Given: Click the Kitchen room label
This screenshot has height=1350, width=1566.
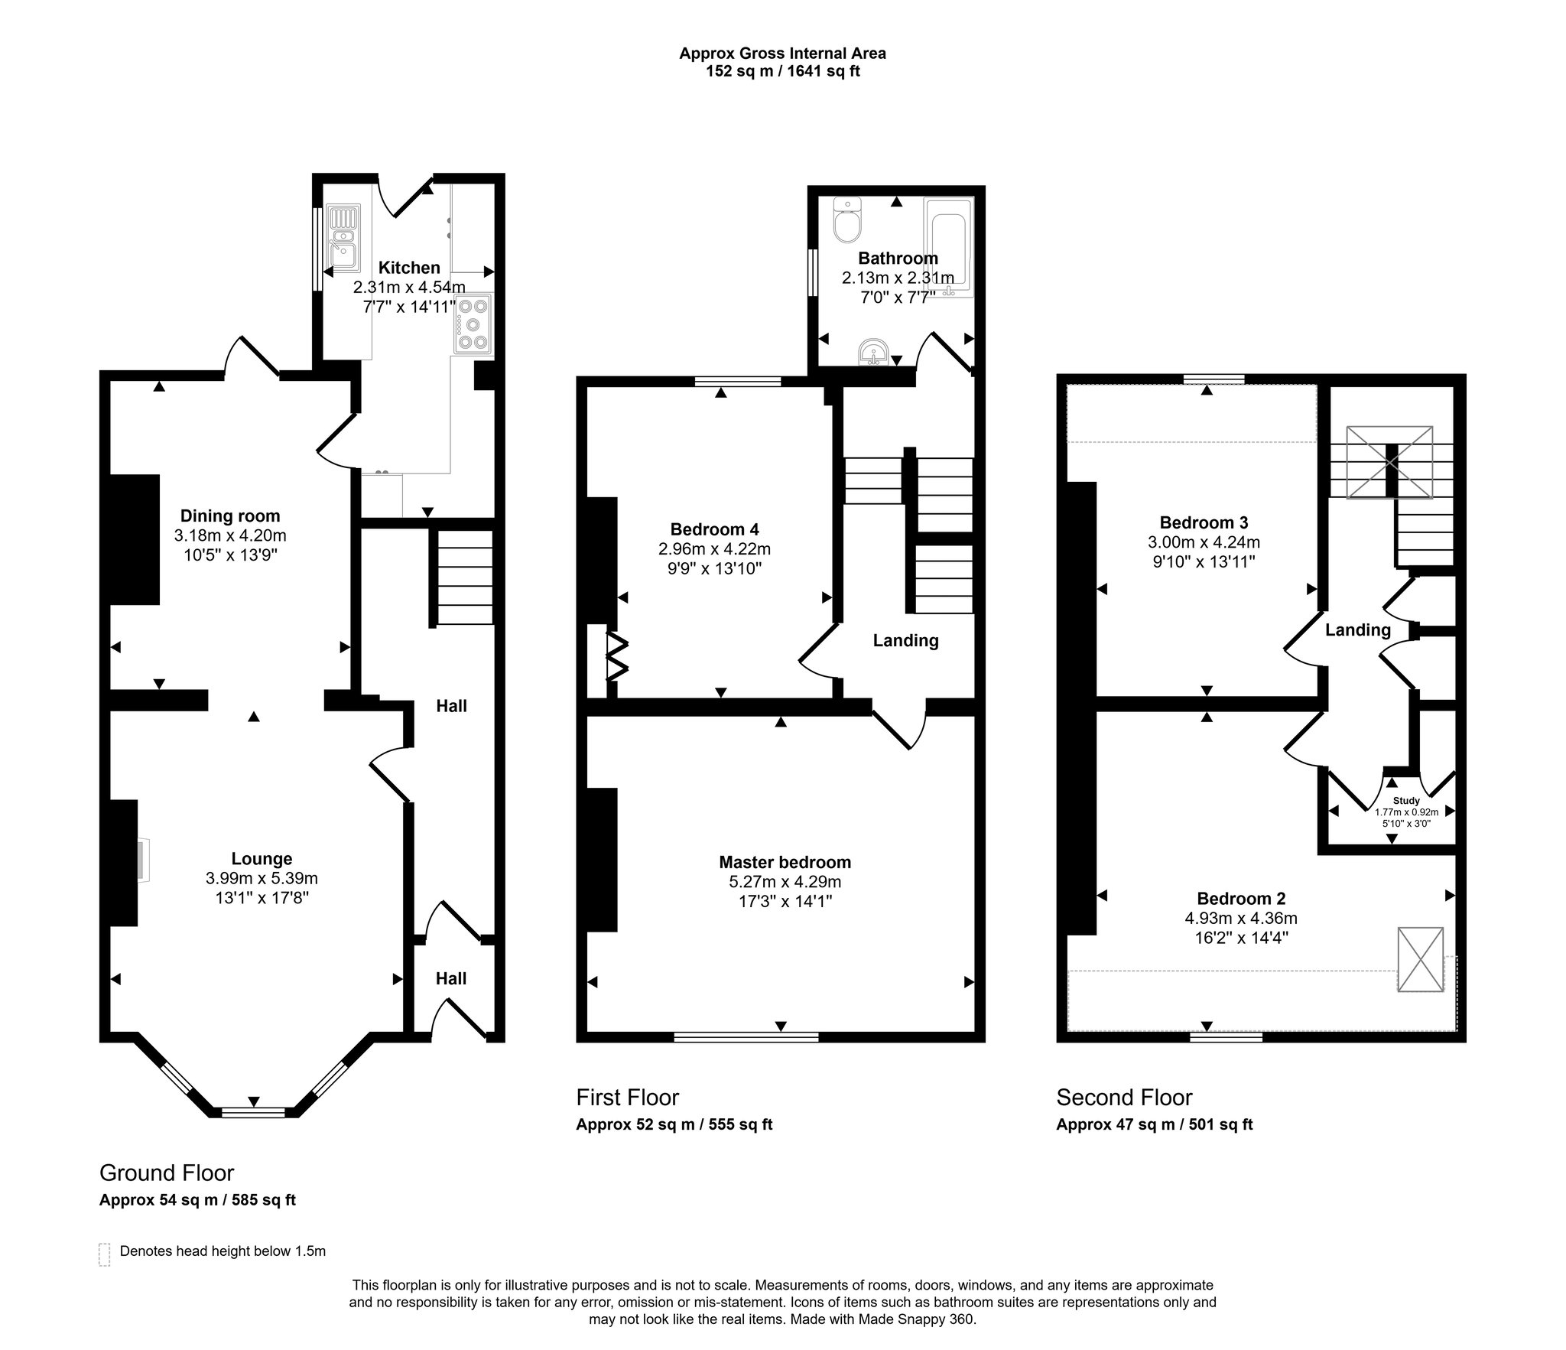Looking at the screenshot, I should [x=409, y=268].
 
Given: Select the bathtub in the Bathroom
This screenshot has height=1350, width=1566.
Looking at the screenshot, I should [x=948, y=246].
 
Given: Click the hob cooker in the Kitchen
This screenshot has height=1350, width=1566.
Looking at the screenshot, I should [x=473, y=324].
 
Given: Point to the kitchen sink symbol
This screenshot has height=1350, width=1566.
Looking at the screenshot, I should [x=343, y=237].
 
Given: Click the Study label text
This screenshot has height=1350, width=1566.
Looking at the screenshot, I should [x=1406, y=801].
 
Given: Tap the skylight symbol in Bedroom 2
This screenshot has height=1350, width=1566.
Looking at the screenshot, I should [x=1420, y=959].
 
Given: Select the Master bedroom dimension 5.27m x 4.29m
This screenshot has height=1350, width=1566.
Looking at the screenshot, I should [x=785, y=881].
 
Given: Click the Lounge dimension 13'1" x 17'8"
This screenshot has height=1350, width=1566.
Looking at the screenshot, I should [x=262, y=897].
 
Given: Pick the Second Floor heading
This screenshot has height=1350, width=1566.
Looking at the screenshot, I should [x=1124, y=1098].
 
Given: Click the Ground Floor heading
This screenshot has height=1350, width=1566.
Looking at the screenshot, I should [x=167, y=1173].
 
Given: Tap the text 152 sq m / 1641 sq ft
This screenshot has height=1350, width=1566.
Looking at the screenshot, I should [x=782, y=72].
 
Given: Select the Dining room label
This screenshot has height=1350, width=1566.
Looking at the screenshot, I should [x=230, y=516].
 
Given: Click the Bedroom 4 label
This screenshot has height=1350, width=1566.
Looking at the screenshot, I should [x=714, y=529].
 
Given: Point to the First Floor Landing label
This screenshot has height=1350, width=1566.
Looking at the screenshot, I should [x=905, y=640].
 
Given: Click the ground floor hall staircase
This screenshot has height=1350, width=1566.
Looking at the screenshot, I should [x=465, y=578].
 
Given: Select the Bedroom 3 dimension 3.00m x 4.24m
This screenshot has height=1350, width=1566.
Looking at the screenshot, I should [x=1204, y=542].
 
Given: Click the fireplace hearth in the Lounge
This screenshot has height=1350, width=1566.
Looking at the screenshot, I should [x=144, y=860].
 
